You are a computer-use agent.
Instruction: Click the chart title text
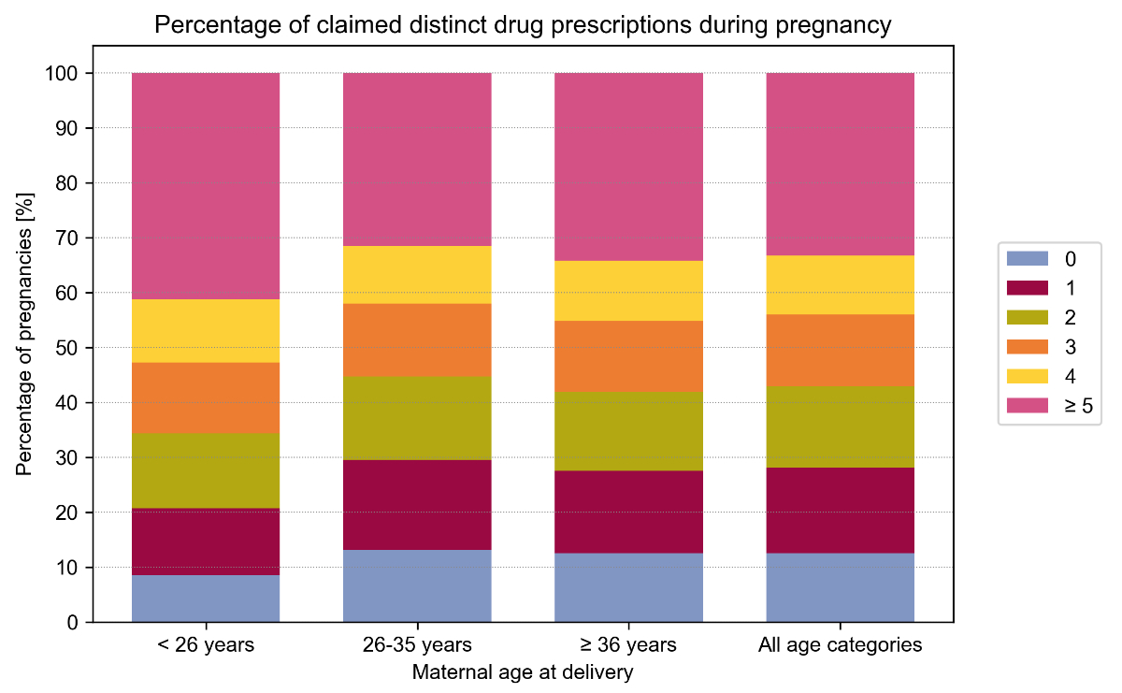tap(523, 25)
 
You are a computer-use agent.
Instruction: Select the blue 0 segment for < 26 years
tap(206, 599)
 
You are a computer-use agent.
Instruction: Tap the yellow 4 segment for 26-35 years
tap(417, 275)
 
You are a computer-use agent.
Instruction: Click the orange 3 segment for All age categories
tap(840, 350)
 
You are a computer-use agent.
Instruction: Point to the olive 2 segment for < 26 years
tap(206, 470)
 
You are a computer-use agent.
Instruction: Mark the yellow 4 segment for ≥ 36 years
tap(628, 291)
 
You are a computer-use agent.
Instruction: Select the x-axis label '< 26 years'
tap(206, 645)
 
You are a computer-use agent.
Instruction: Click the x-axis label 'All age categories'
tap(840, 645)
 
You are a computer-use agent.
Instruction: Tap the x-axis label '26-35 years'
tap(417, 645)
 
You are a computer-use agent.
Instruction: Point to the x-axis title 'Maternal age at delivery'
tap(523, 672)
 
